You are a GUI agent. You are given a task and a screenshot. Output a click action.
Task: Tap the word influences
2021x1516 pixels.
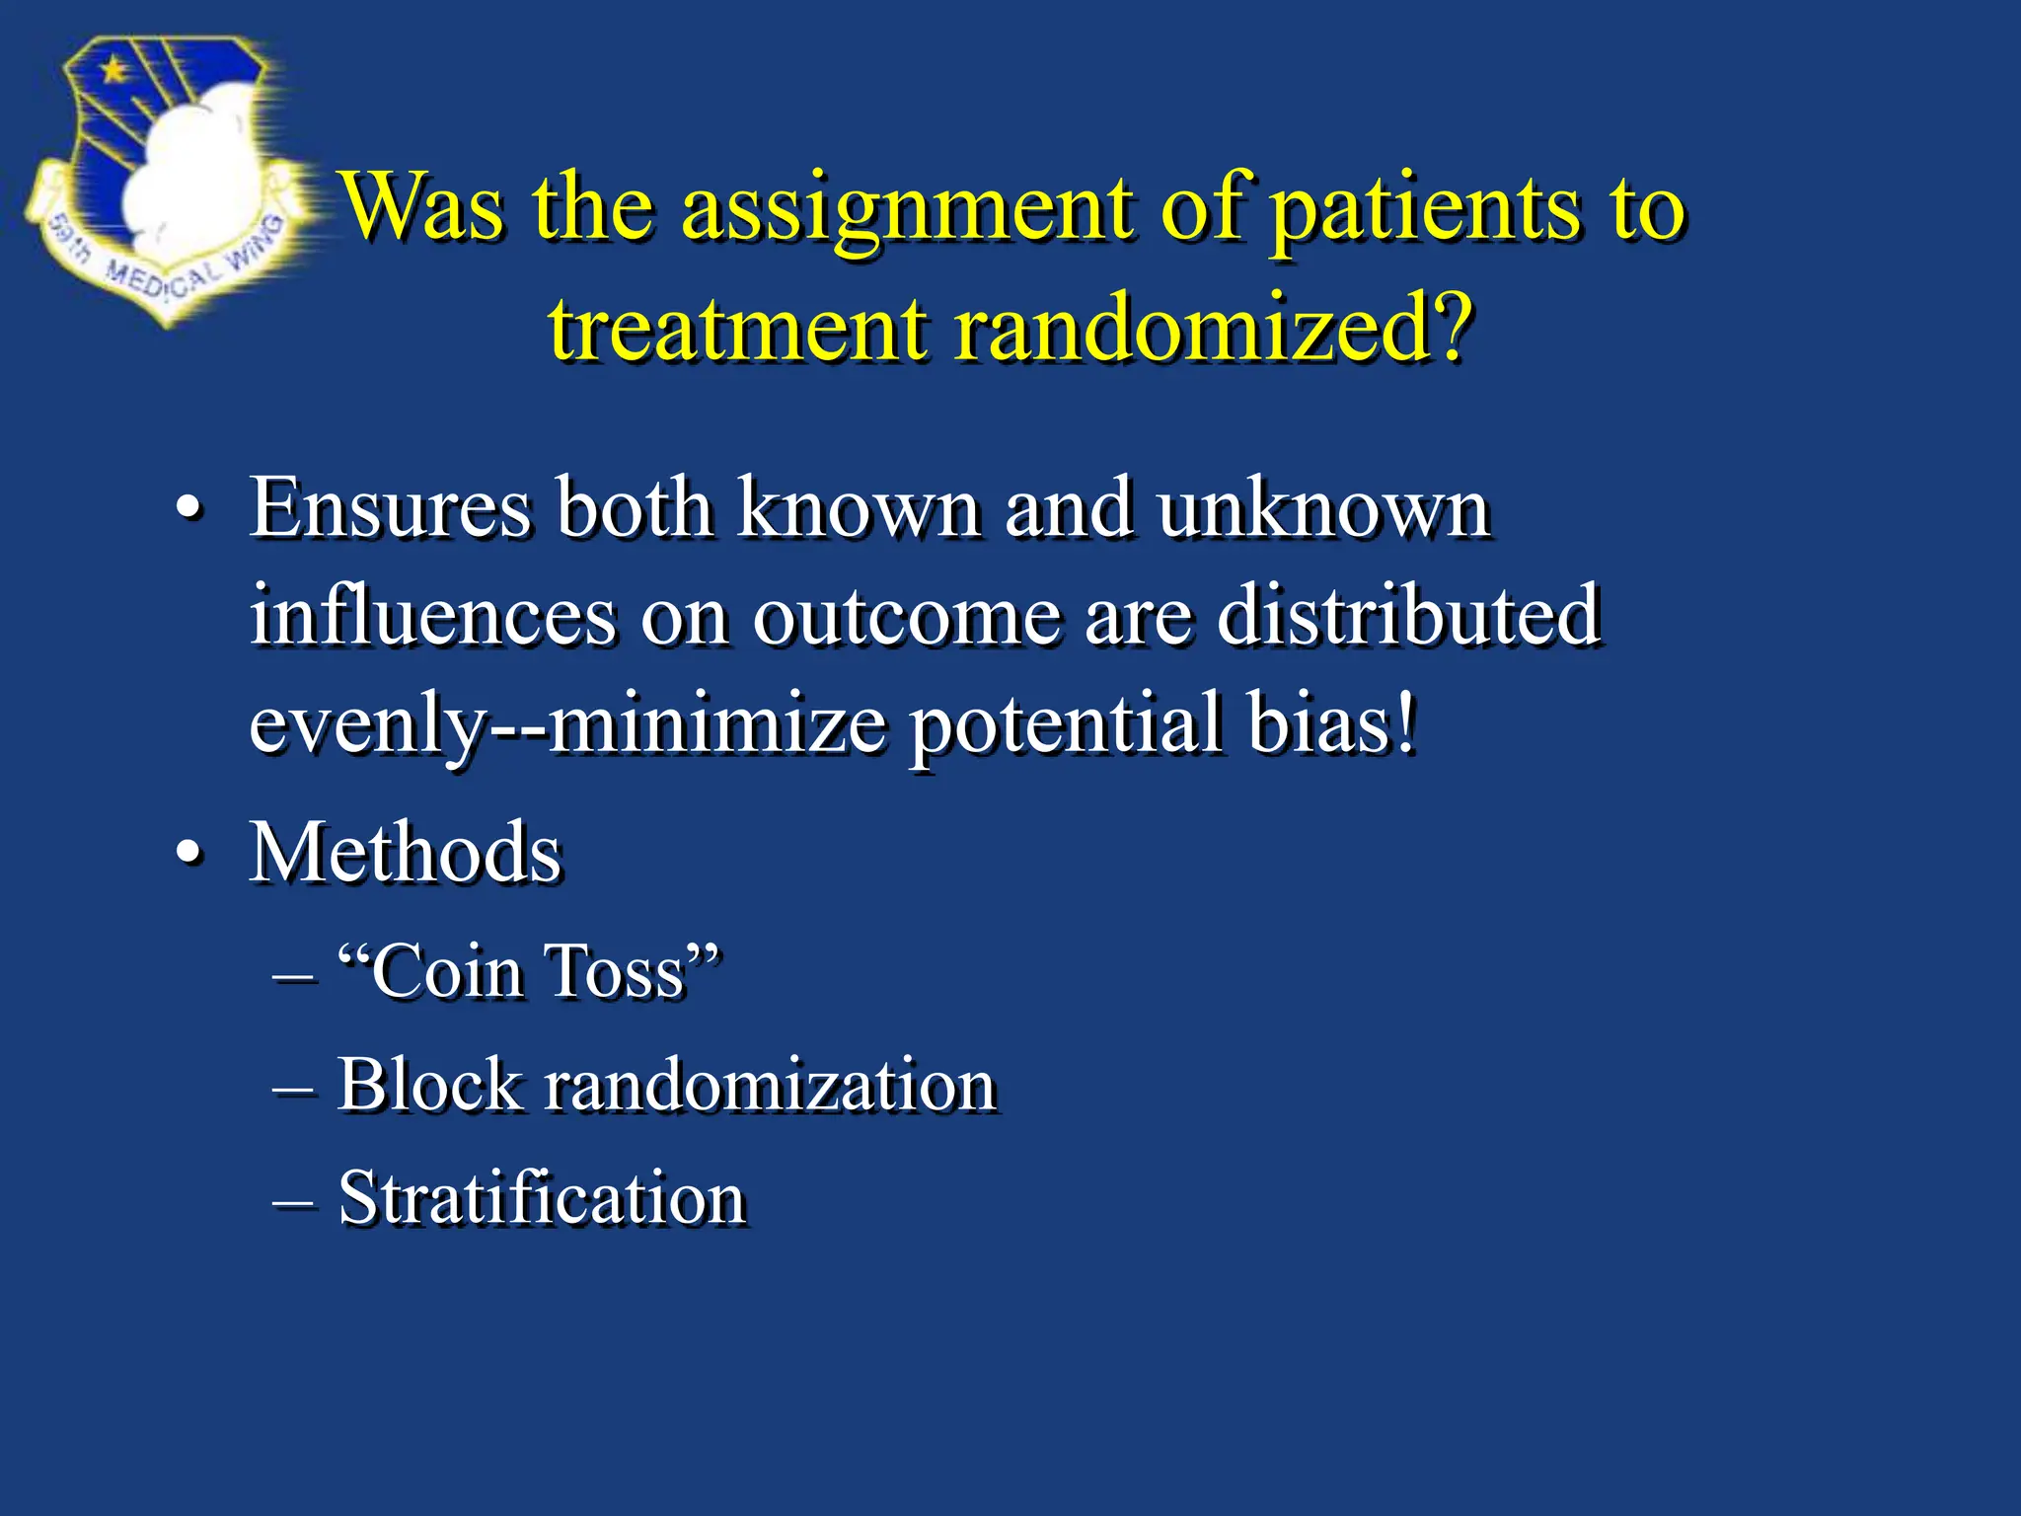[432, 616]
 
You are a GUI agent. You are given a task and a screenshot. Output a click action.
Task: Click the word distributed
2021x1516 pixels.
[1408, 616]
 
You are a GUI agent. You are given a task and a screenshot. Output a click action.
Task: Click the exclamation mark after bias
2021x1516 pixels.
[1405, 722]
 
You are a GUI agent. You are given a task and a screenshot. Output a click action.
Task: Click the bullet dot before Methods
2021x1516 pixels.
[188, 853]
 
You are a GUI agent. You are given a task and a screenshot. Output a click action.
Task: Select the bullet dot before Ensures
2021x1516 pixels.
[188, 510]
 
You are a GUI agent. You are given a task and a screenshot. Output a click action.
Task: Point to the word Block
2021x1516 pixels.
[428, 1085]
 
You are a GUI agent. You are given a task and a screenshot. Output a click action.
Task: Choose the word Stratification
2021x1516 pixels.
[541, 1198]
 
